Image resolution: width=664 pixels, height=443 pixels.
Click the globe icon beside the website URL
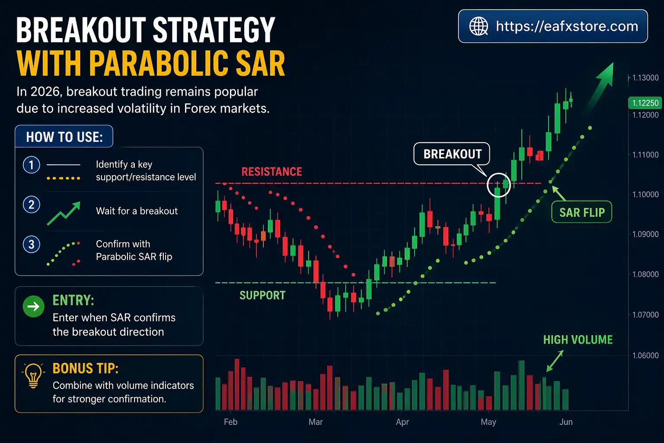[479, 26]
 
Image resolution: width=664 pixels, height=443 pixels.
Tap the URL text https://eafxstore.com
[567, 26]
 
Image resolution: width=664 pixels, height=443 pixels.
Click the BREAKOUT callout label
[452, 154]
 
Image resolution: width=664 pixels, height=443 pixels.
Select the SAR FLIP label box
[582, 212]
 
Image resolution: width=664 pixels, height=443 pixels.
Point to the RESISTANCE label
[271, 172]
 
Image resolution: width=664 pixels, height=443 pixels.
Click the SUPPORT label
[262, 295]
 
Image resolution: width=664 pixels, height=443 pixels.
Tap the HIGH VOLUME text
[578, 340]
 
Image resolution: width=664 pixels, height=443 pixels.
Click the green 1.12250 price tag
[645, 103]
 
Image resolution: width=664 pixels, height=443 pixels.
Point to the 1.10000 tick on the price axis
[645, 195]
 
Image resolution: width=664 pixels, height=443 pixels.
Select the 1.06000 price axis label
[645, 355]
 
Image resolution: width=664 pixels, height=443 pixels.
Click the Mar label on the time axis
[316, 422]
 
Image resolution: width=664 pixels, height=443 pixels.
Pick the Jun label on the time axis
[566, 422]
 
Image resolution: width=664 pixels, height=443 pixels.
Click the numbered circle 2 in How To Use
[31, 205]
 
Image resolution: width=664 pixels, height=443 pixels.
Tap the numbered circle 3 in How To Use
[31, 244]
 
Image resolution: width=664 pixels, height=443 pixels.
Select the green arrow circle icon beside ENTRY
[33, 307]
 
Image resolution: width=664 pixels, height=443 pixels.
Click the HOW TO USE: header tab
[64, 137]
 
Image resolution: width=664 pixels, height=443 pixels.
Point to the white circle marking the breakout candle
[499, 185]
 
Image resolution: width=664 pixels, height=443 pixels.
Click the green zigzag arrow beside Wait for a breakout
[64, 213]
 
